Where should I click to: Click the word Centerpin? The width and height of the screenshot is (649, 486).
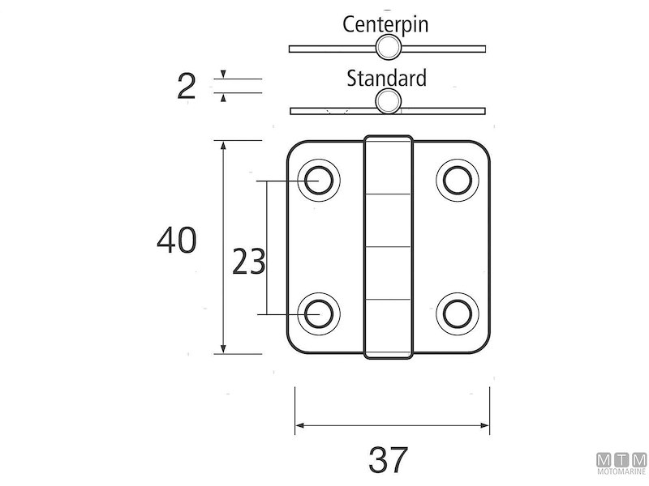point(385,23)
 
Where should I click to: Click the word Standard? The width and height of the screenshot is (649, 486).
point(386,79)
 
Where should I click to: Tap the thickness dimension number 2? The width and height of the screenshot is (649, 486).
point(186,86)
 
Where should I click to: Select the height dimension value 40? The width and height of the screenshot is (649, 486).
point(177,241)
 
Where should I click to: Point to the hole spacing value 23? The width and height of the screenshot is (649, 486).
point(248,262)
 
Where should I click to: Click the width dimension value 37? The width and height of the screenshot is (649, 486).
point(389,460)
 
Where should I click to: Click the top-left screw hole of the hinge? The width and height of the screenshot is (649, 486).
point(319,179)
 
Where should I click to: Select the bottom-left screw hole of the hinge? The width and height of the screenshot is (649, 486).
point(319,313)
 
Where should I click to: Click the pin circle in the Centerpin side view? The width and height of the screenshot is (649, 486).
point(388,47)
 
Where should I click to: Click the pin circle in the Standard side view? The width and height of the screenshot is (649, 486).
point(389,102)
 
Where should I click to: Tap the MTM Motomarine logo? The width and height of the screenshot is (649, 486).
point(621,463)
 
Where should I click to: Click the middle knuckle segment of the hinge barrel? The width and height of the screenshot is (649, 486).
point(388,220)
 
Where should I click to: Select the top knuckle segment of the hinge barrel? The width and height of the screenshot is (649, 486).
point(388,165)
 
